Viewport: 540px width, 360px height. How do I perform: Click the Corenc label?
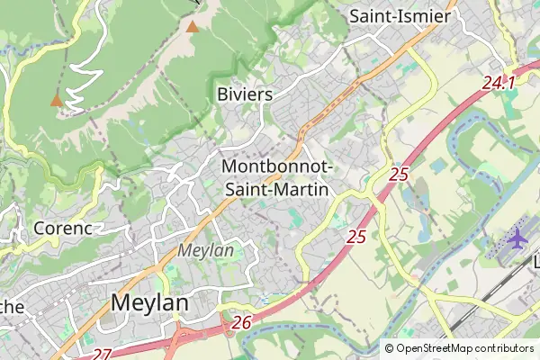[x=63, y=229]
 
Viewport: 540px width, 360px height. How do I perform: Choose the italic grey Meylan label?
[x=206, y=250]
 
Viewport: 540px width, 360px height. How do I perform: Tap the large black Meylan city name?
[x=149, y=303]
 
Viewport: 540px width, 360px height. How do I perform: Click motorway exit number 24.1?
[x=498, y=84]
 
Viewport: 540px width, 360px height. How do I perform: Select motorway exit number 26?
[x=240, y=322]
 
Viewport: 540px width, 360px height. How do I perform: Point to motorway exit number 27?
[x=102, y=354]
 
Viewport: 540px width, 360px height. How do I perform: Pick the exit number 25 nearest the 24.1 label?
[x=400, y=175]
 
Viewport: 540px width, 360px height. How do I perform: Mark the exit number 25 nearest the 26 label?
[x=356, y=237]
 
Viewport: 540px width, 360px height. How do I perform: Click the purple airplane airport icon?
[x=517, y=238]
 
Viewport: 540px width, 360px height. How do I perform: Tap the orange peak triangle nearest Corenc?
[x=57, y=100]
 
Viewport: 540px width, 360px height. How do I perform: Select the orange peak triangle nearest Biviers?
[x=192, y=26]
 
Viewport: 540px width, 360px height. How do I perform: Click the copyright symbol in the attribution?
[x=389, y=348]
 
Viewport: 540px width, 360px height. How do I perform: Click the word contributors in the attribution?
[x=501, y=348]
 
